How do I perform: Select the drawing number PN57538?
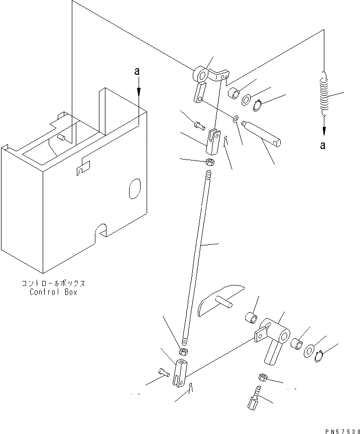[338, 429]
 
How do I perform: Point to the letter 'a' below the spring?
[323, 146]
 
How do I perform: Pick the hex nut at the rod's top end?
[211, 162]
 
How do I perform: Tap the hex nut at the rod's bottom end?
[184, 352]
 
